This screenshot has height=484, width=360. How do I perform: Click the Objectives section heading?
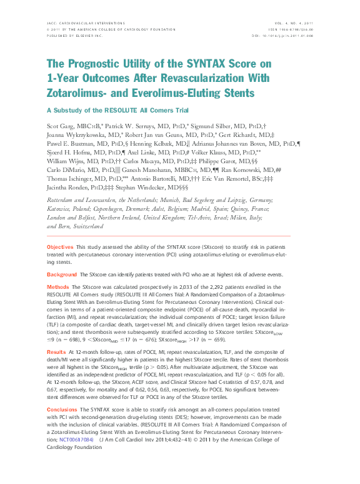coord(60,248)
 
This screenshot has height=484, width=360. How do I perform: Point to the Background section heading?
coord(62,275)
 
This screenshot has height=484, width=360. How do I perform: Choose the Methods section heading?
coord(58,286)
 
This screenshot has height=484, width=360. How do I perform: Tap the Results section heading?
coord(57,353)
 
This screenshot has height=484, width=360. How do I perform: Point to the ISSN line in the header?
coord(296,29)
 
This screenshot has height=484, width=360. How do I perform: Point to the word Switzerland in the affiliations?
coord(81,226)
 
